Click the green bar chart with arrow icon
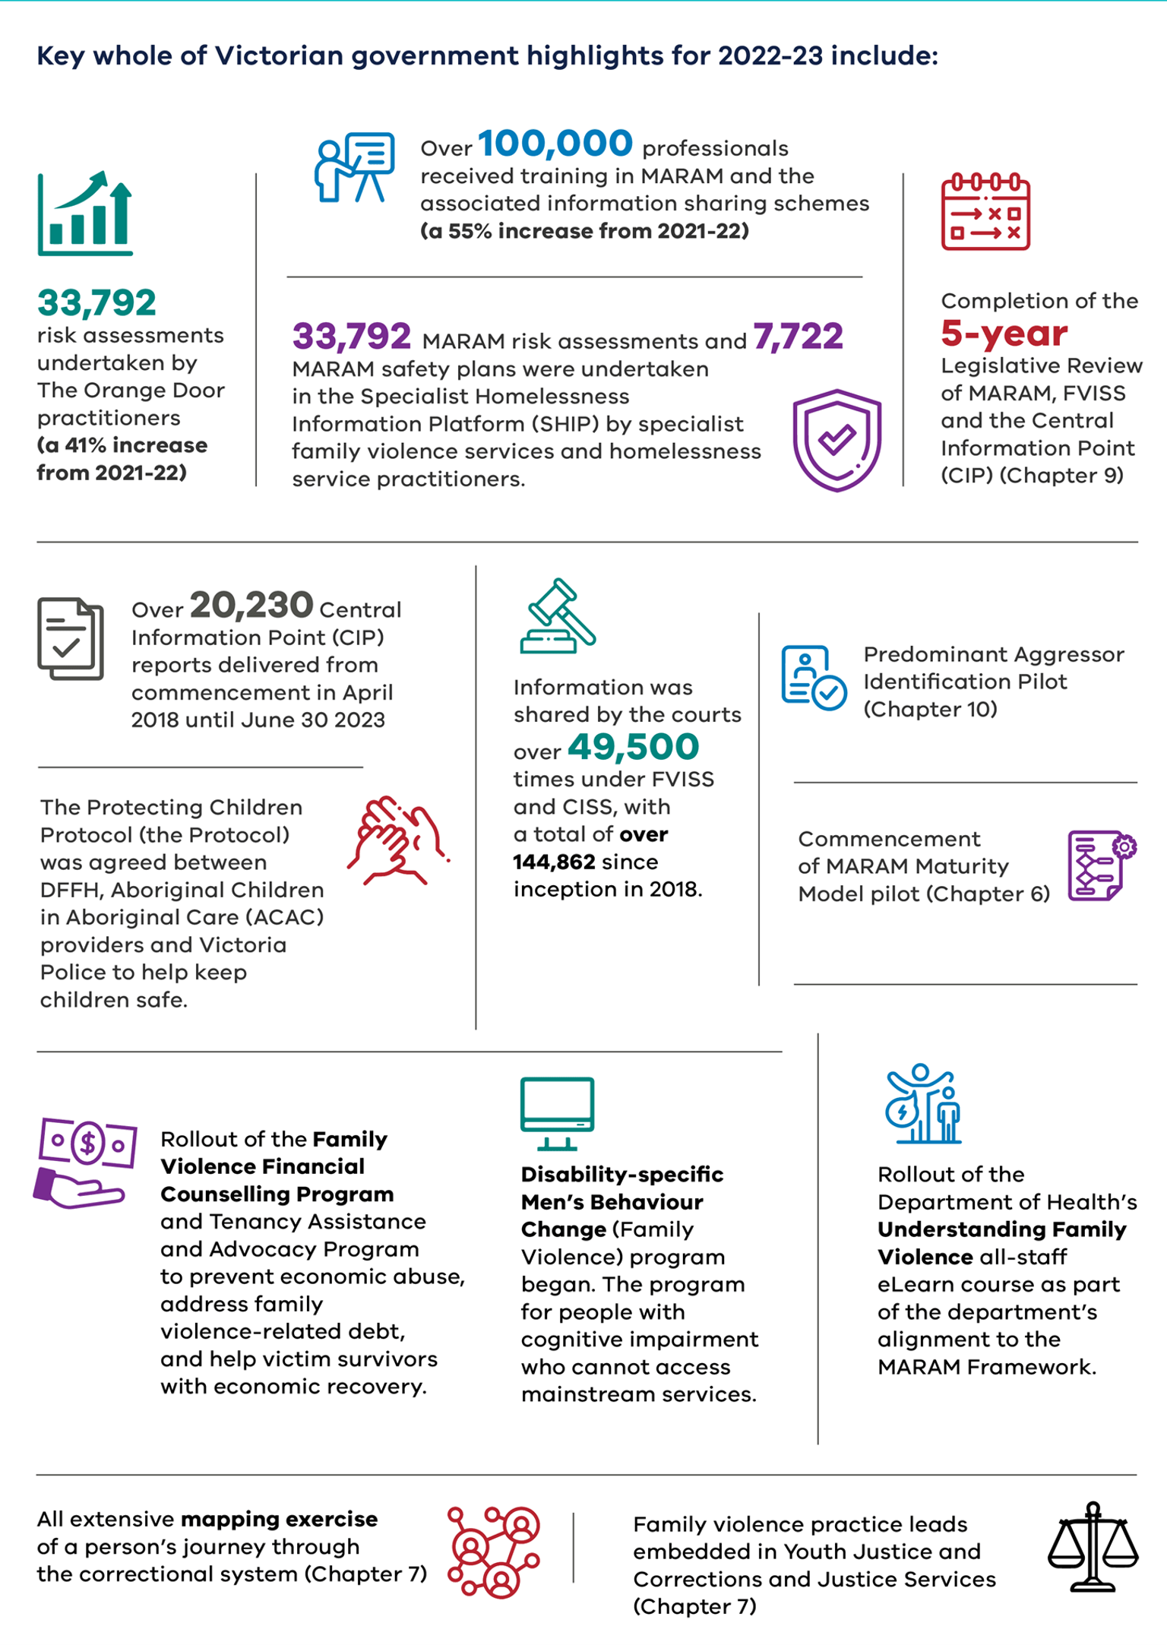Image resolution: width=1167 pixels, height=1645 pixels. (85, 214)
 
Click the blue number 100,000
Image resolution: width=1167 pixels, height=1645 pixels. (555, 144)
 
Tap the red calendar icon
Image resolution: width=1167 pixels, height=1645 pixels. (985, 212)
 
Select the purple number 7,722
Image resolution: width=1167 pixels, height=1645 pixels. (798, 337)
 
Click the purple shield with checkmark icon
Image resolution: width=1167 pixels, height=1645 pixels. (837, 440)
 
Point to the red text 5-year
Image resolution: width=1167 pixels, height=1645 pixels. (1004, 333)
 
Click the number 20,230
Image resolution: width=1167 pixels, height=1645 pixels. (251, 606)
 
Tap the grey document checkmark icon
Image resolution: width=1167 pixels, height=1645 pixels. (70, 639)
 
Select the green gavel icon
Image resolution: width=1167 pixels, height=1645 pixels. (558, 617)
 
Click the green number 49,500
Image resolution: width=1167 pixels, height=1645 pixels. (633, 747)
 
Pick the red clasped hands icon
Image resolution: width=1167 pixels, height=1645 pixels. (397, 840)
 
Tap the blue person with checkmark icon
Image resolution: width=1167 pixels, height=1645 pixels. (813, 678)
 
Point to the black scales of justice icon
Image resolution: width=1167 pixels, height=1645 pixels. (1093, 1547)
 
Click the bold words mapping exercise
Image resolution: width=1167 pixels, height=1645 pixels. (279, 1520)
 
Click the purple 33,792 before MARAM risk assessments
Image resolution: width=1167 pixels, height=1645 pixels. (352, 337)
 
